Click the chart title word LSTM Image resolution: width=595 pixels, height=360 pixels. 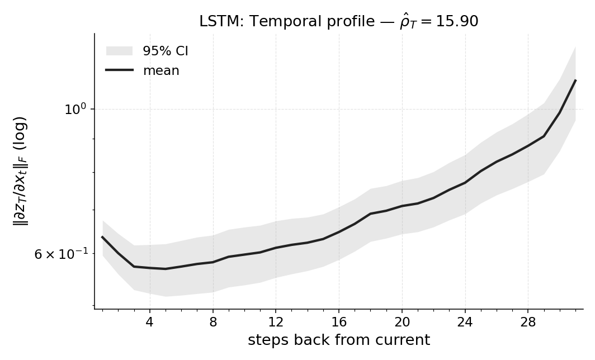tap(215, 22)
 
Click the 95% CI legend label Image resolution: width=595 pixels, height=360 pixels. tap(165, 51)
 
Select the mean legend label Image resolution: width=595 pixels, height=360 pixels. tap(161, 71)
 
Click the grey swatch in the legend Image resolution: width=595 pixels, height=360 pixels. tap(119, 51)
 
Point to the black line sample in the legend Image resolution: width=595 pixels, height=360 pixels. tap(119, 70)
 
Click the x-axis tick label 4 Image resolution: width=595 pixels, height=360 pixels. tap(149, 323)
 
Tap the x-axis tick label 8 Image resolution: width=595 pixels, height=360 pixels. tap(212, 323)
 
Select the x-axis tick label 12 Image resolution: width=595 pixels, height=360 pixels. tap(276, 323)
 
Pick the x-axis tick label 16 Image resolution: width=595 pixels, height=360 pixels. tap(339, 323)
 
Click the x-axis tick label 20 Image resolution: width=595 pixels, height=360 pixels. tap(402, 323)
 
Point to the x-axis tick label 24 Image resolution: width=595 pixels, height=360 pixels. tap(465, 323)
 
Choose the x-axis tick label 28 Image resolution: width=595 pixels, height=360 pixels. tap(528, 323)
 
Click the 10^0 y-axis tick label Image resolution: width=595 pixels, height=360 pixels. tap(75, 110)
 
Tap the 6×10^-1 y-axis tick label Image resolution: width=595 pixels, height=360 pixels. tap(61, 254)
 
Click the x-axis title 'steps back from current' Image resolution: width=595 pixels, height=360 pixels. tap(339, 340)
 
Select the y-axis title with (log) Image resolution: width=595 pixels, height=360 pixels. tap(20, 170)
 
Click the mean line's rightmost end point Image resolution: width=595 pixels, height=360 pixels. tap(575, 80)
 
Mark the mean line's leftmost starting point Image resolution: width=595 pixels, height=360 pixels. tap(102, 237)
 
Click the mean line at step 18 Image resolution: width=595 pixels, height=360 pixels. tap(370, 214)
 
